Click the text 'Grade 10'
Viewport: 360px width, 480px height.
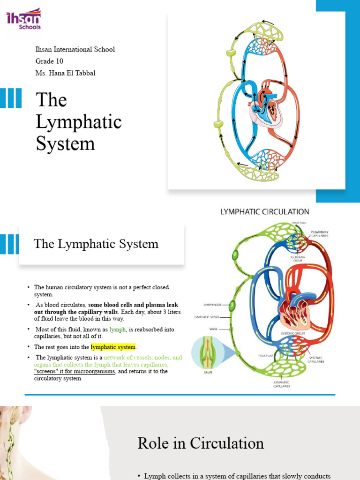pyautogui.click(x=50, y=61)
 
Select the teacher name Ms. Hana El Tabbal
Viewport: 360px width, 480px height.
pyautogui.click(x=66, y=73)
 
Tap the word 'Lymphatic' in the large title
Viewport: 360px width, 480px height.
pyautogui.click(x=79, y=122)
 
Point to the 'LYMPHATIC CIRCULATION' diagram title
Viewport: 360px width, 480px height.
pyautogui.click(x=265, y=212)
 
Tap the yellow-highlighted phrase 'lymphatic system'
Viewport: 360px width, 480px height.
pyautogui.click(x=113, y=347)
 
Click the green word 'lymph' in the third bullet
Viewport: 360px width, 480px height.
pyautogui.click(x=118, y=330)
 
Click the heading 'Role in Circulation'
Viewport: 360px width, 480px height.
pyautogui.click(x=201, y=443)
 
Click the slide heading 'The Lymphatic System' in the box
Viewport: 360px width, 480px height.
pyautogui.click(x=96, y=244)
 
